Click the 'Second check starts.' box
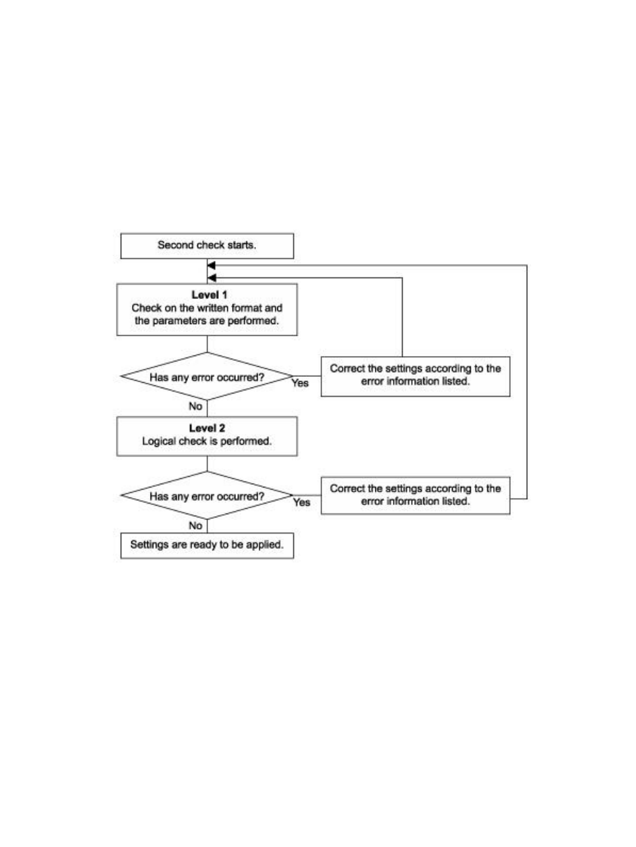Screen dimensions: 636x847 (x=207, y=246)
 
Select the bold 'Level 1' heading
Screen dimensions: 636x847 (x=209, y=295)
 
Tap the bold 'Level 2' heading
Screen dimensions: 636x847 (x=207, y=428)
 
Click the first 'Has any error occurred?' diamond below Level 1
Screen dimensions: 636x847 (x=207, y=376)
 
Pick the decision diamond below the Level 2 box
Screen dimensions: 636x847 (x=207, y=496)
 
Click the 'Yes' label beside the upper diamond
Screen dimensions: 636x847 (x=300, y=383)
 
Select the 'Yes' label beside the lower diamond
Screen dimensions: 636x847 (x=301, y=502)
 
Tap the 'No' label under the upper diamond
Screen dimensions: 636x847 (x=195, y=406)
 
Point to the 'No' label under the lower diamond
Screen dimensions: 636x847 (x=195, y=526)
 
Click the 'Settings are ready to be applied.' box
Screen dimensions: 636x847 (x=207, y=546)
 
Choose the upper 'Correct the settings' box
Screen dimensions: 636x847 (x=415, y=377)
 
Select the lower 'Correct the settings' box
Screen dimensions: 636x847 (x=415, y=496)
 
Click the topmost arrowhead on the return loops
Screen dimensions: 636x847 (x=211, y=265)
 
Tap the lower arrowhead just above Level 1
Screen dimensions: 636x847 (x=211, y=278)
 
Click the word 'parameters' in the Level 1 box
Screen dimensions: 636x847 (x=178, y=321)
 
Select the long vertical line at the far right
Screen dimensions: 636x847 (x=527, y=382)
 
